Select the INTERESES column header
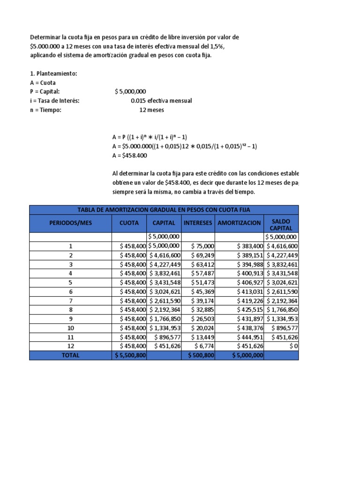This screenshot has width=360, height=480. (198, 223)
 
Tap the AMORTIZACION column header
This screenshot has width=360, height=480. (239, 223)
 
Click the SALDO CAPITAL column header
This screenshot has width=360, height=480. (281, 224)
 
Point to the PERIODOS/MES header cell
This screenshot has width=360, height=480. (71, 223)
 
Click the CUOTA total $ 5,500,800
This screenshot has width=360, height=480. (130, 355)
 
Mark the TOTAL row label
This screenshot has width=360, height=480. (71, 355)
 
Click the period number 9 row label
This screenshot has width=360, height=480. (71, 319)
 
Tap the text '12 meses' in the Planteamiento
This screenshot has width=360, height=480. (152, 110)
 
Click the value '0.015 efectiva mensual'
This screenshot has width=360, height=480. (161, 101)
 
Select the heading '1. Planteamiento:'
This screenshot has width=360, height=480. (53, 74)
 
